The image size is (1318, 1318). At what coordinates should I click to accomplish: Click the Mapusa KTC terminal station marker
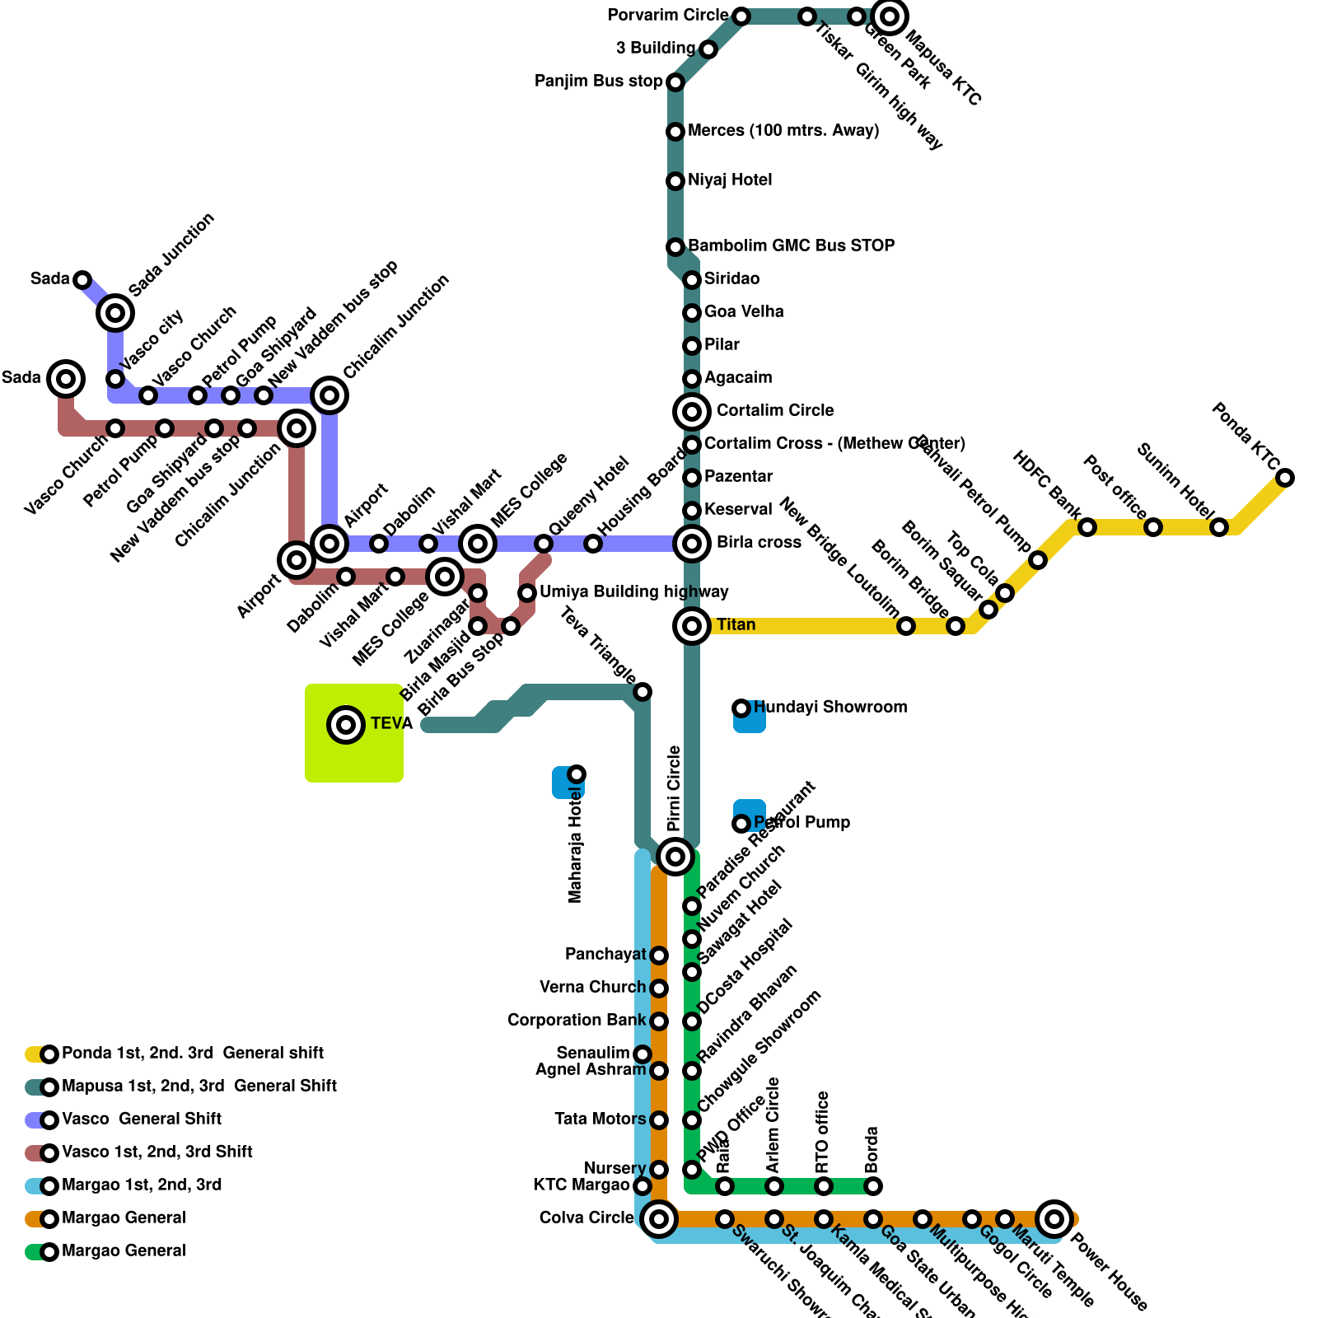coord(890,16)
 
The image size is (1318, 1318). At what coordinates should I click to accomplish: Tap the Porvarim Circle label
coord(667,16)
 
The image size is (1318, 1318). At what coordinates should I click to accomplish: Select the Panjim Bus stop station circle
coord(675,82)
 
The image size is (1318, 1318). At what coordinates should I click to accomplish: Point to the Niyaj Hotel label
coord(730,180)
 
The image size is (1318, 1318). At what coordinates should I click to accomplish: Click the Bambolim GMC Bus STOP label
coord(791,246)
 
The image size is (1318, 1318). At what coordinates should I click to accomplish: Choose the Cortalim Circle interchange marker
coord(692,411)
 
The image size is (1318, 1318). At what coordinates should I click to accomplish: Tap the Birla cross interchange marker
coord(692,543)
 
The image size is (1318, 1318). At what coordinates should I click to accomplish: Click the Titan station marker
coord(692,626)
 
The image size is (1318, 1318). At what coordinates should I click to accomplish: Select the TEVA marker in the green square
coord(346,725)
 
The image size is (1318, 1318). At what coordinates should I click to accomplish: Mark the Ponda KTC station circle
coord(1285,478)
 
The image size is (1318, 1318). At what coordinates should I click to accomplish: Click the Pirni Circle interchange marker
coord(675,857)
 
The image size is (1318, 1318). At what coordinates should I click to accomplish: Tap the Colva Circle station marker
coord(659,1218)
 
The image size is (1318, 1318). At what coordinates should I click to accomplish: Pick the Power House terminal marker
coord(1054,1218)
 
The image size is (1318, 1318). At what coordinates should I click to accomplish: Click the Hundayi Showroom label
coord(830,708)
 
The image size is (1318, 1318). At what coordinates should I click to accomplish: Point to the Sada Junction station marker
coord(115,313)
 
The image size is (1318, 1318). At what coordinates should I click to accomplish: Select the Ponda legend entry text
coord(193,1054)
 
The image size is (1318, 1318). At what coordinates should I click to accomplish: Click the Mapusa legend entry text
coord(199,1087)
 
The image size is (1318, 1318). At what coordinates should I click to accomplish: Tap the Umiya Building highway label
coord(633,592)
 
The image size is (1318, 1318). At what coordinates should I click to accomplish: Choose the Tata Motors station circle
coord(659,1120)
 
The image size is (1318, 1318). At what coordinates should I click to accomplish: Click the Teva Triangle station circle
coord(643,692)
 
